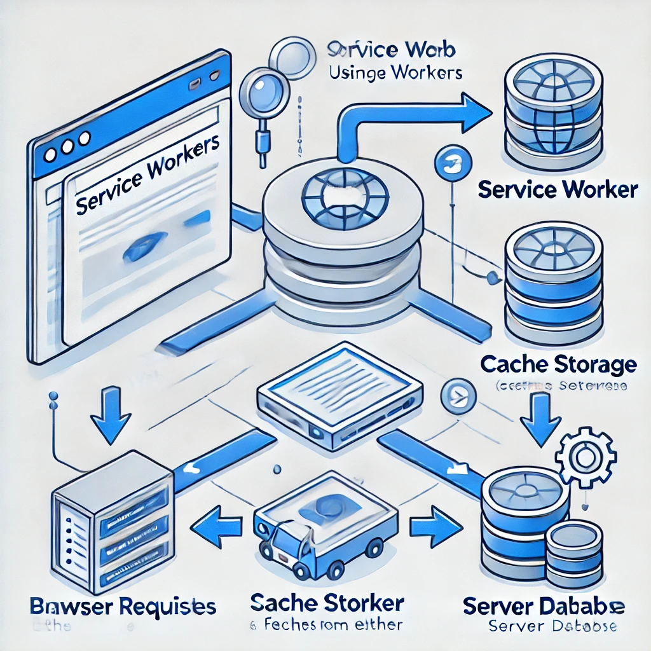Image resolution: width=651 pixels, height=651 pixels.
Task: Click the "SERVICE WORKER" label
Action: tap(556, 189)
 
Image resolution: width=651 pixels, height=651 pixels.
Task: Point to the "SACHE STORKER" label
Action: tap(327, 602)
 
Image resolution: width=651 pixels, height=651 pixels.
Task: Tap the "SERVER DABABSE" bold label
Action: tap(544, 606)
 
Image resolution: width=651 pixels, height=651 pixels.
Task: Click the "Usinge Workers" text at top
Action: tap(395, 72)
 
